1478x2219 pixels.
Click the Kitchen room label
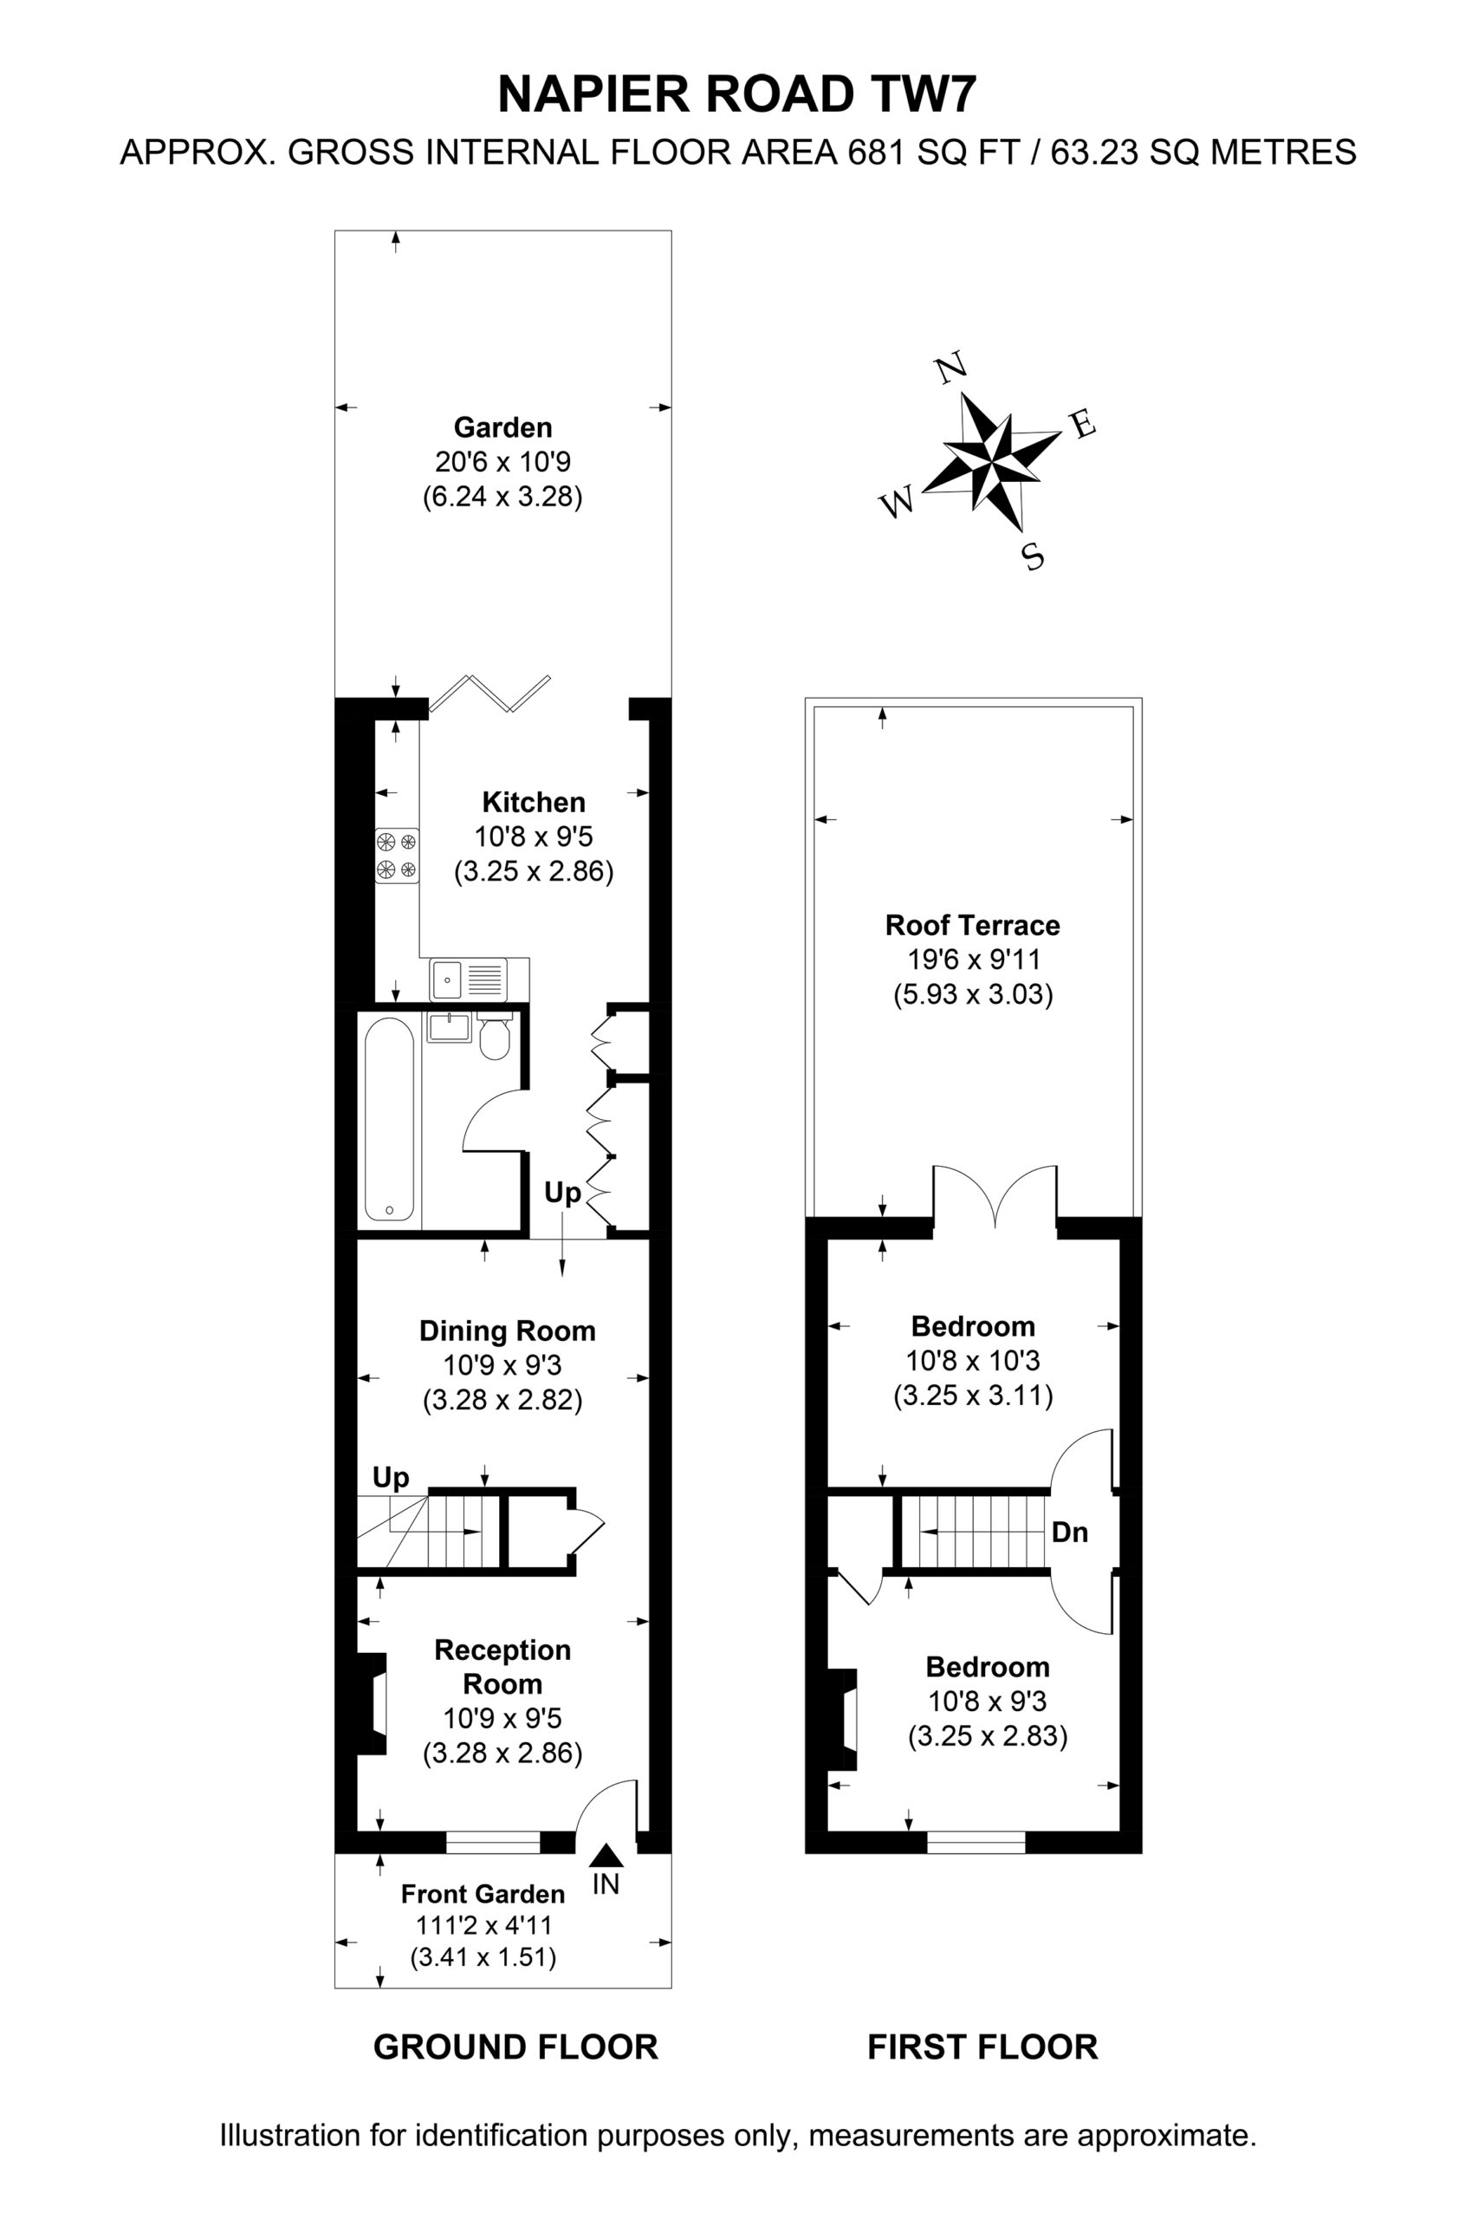pos(534,803)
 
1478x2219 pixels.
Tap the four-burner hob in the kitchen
pos(397,856)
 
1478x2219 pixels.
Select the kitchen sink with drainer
pos(469,979)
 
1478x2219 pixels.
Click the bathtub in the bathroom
pos(388,1118)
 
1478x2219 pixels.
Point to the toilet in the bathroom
pos(494,1037)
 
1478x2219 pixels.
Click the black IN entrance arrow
pos(606,1856)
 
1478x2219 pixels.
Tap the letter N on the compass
pos(952,367)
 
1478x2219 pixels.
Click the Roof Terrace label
pos(972,925)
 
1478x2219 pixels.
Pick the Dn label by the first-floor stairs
pos(1070,1532)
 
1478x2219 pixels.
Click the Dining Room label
pos(507,1331)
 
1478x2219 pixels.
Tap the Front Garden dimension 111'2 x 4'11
pos(483,1925)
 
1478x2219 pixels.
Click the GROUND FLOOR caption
pos(515,2047)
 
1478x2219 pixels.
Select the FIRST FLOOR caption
pos(982,2047)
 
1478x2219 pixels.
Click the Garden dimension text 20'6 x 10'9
pos(502,462)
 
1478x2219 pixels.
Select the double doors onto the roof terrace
pos(995,1196)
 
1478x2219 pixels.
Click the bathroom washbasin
pos(450,1027)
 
